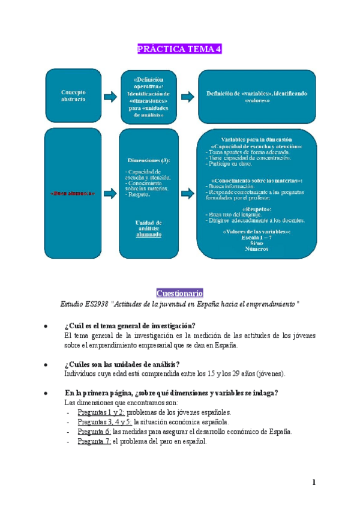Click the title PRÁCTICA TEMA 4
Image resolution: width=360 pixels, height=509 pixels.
coord(179,49)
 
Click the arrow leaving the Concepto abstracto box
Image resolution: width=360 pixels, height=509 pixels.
coord(110,95)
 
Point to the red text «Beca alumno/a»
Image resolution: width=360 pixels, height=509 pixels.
coord(74,194)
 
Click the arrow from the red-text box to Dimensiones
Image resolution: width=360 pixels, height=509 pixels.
coord(110,193)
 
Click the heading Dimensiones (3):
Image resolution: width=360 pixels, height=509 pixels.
coord(149,161)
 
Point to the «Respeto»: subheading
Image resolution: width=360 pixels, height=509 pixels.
coord(257,208)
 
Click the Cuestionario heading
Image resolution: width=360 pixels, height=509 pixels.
coord(179,293)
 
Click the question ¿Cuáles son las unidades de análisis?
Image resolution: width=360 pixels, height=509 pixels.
coord(122,364)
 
